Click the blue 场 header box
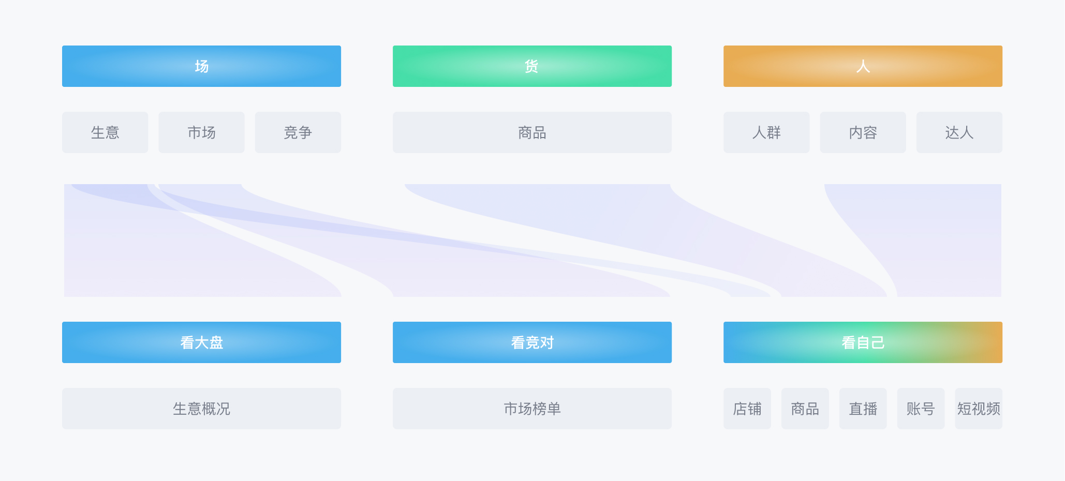click(x=201, y=66)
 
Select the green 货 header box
click(x=532, y=66)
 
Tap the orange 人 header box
click(x=863, y=66)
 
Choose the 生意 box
click(x=105, y=132)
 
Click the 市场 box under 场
click(x=201, y=132)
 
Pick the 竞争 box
click(x=298, y=132)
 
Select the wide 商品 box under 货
click(x=532, y=132)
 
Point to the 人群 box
click(x=766, y=132)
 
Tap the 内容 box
click(x=863, y=132)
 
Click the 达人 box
click(x=959, y=132)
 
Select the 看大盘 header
click(x=201, y=342)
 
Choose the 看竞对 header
click(x=532, y=342)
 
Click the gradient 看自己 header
click(x=863, y=342)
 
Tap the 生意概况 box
click(x=201, y=409)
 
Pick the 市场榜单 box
click(x=532, y=409)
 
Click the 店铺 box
click(x=747, y=409)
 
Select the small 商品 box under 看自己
click(x=805, y=409)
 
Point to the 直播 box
click(x=863, y=409)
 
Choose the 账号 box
click(x=921, y=409)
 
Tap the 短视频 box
click(x=978, y=409)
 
